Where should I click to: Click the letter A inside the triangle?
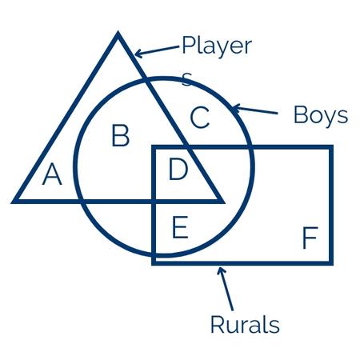click(52, 174)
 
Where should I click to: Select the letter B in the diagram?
click(121, 135)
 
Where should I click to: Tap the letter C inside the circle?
click(200, 118)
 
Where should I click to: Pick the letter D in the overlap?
click(178, 169)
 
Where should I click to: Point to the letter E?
click(180, 227)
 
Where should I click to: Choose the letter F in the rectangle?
click(310, 238)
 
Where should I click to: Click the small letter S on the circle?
click(186, 79)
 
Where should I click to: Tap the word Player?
click(217, 46)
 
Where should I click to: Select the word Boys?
click(321, 115)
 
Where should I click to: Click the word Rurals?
click(245, 324)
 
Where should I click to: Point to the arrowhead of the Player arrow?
click(136, 55)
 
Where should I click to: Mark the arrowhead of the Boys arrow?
click(234, 107)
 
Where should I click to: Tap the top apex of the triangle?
click(118, 31)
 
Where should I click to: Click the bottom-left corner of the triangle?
click(10, 203)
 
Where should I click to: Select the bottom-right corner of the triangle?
click(225, 203)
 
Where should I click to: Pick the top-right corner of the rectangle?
click(333, 146)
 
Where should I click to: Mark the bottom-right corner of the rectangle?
click(333, 265)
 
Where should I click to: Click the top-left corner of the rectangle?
click(152, 146)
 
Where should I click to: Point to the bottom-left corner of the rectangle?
click(152, 265)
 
